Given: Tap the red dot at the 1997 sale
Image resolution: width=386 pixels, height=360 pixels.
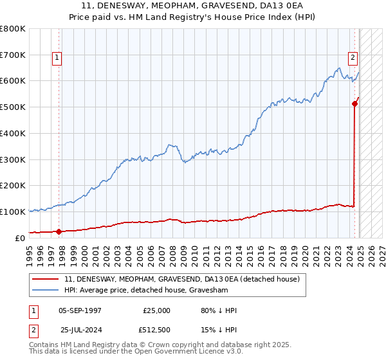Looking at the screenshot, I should point(59,231).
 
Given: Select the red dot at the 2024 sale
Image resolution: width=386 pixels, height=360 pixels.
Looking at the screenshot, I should point(354,103).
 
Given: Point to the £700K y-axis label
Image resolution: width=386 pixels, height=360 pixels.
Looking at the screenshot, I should point(13,55).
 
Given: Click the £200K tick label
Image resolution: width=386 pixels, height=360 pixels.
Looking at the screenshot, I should point(13,185).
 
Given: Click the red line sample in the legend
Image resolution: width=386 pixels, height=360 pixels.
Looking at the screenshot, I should point(46,280).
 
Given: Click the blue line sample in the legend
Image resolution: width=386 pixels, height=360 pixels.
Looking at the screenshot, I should point(46,290).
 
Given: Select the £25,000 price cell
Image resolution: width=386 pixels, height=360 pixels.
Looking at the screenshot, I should point(156,310).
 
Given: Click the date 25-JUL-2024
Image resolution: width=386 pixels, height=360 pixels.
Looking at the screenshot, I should point(81,330).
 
